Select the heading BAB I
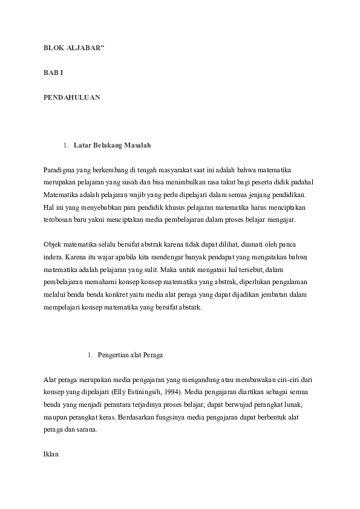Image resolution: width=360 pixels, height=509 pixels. pos(53,72)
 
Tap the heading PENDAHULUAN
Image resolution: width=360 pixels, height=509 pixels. pos(71,97)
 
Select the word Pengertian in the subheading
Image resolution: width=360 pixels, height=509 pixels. pos(114,355)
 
